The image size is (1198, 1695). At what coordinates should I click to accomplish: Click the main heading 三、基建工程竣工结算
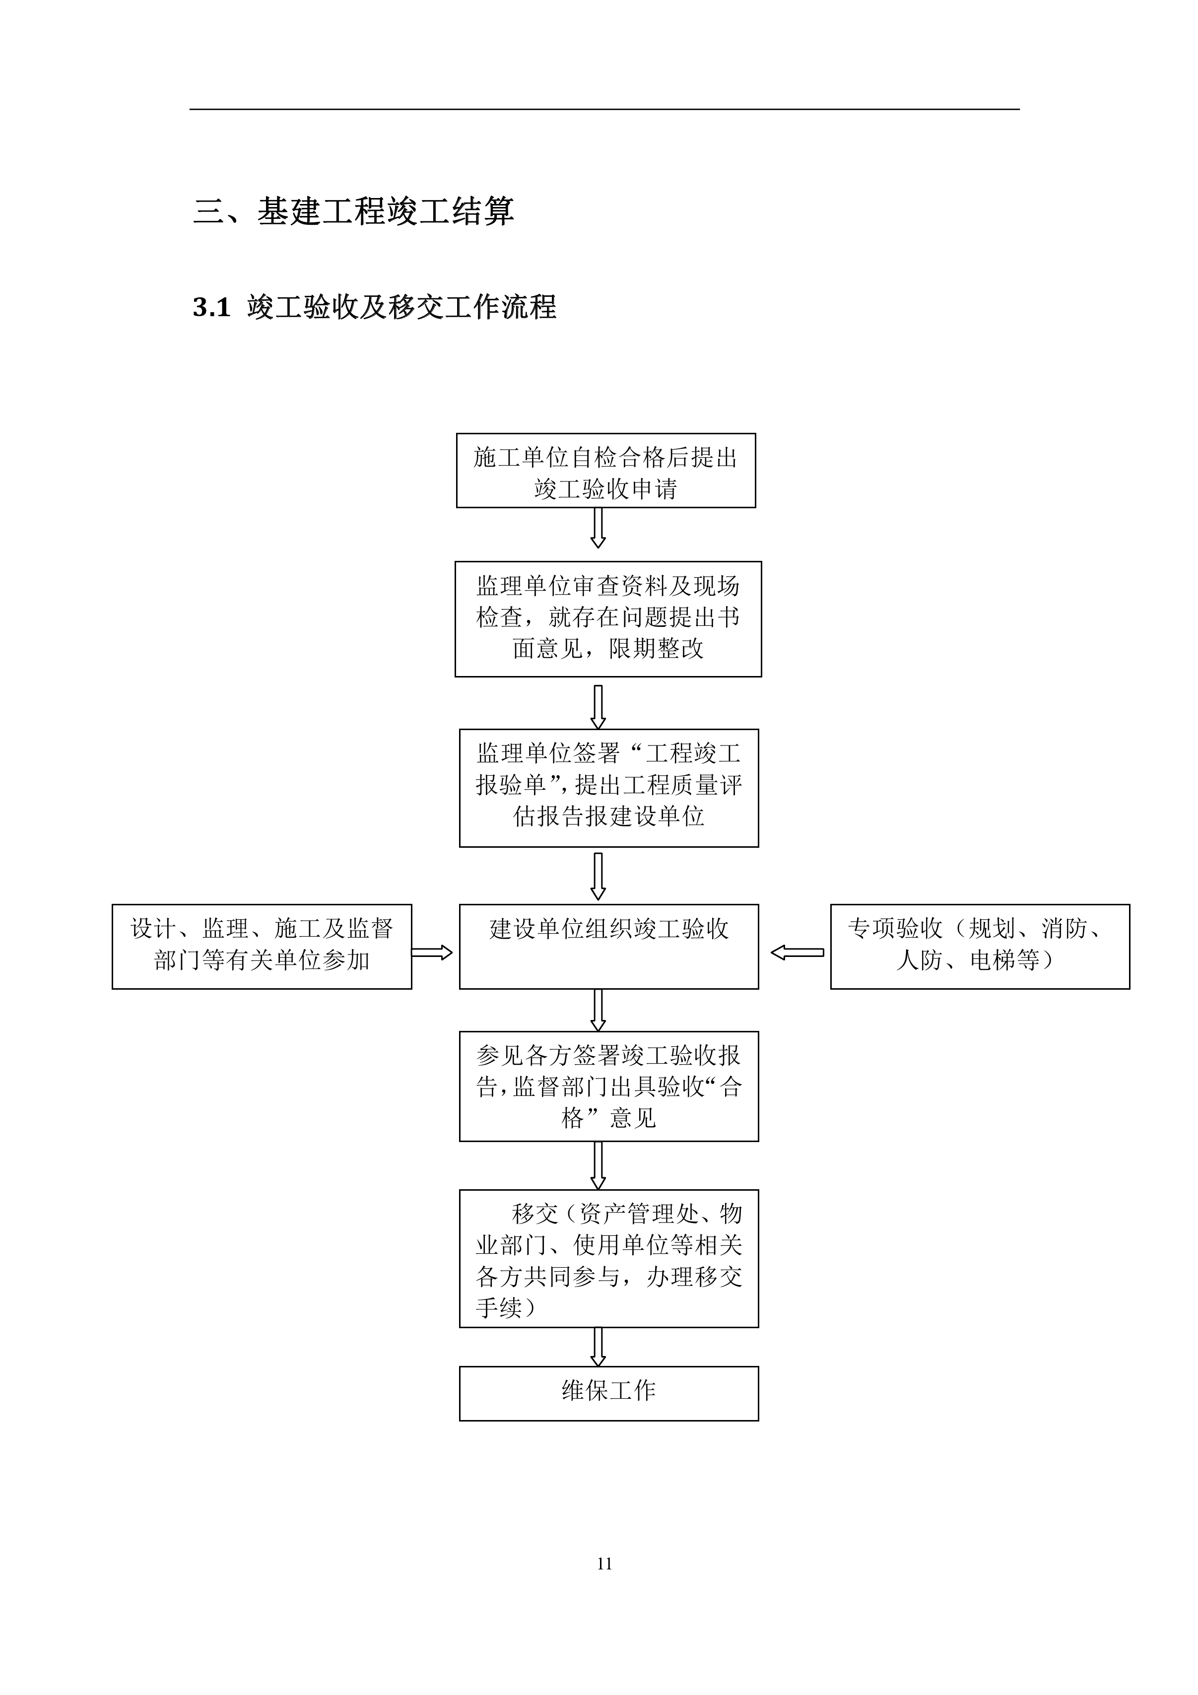pos(353,211)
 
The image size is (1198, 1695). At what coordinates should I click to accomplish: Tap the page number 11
pos(604,1563)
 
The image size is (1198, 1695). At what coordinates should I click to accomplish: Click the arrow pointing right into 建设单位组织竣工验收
pos(432,952)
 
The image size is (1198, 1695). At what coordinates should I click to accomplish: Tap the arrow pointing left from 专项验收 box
pos(797,952)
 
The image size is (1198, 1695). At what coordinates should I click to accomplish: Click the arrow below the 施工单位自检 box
pos(599,528)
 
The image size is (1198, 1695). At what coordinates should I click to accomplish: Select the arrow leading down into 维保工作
pos(599,1347)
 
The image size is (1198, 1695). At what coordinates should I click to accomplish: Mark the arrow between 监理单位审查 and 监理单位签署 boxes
pos(599,706)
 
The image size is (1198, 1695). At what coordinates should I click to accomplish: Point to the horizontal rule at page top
pos(604,109)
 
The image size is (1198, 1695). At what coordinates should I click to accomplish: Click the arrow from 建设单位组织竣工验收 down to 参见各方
pos(599,1010)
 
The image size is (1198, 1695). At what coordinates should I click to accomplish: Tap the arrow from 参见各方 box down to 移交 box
pos(599,1166)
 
